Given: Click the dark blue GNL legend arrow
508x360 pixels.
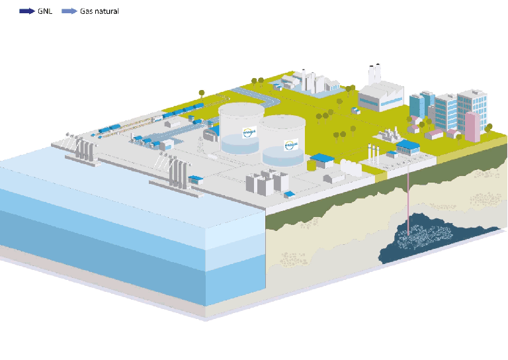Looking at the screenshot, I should tap(28, 11).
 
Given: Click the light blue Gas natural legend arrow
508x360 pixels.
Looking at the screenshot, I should tap(68, 11).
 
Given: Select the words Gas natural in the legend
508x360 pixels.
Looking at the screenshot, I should tap(99, 11).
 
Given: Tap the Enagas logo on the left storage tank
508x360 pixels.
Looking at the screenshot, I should tap(249, 132).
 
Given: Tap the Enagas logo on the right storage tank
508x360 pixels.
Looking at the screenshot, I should tap(291, 142).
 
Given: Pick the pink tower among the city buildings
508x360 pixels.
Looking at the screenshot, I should tap(473, 126).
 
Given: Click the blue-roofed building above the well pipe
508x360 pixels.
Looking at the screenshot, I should tap(407, 147).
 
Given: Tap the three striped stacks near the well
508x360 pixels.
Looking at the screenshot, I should tap(375, 157).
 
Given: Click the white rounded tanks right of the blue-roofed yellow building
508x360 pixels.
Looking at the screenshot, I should tap(351, 168).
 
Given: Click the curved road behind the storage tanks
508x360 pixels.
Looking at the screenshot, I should tap(268, 99).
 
